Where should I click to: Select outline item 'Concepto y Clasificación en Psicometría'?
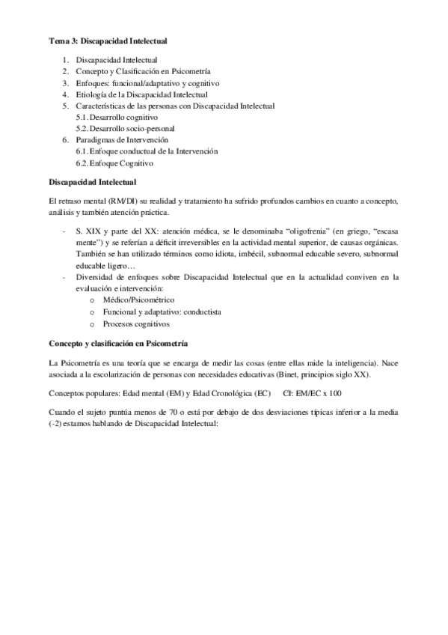click(141, 71)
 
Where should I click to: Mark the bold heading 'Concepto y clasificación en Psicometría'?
click(118, 343)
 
